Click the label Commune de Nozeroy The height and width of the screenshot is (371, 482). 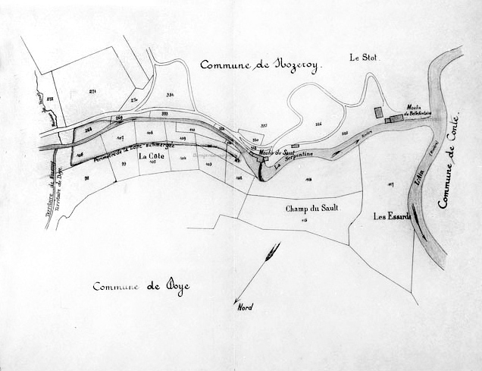[x=261, y=65]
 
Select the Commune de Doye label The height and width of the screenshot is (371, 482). [x=142, y=286]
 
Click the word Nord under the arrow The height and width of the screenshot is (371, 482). [x=245, y=307]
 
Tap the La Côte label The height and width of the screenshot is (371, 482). [x=152, y=156]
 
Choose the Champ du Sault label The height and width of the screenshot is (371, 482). [x=311, y=208]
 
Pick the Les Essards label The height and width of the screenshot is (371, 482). [x=392, y=216]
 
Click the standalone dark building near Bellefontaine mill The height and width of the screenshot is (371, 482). [x=378, y=112]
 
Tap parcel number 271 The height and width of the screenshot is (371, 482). [x=92, y=91]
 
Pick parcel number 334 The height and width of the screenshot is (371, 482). [x=170, y=96]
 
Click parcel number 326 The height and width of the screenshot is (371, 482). [x=318, y=124]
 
